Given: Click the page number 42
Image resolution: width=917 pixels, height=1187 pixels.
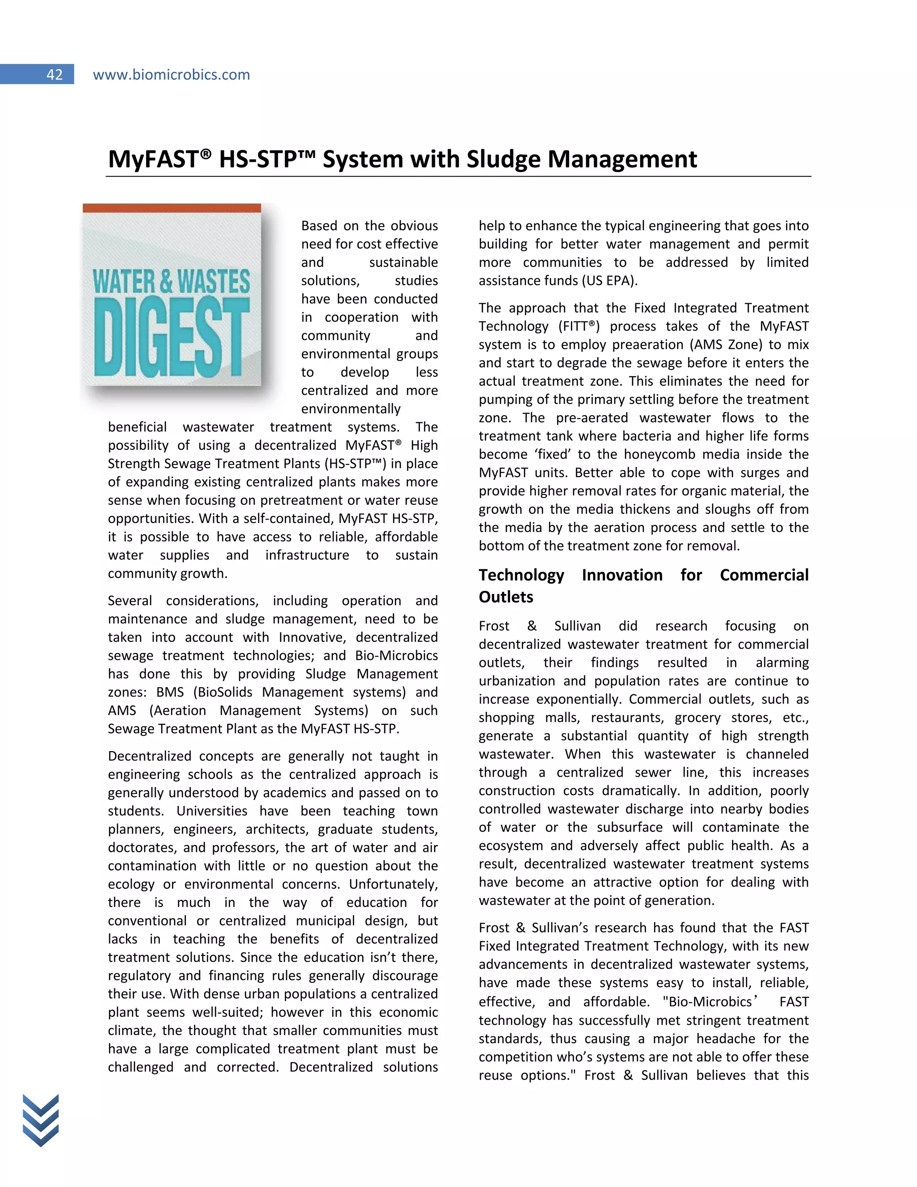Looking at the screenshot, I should click(x=54, y=74).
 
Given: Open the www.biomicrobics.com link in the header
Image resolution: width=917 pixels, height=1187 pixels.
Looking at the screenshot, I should click(x=171, y=74).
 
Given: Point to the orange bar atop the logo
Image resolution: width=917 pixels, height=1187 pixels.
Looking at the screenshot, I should click(x=171, y=208).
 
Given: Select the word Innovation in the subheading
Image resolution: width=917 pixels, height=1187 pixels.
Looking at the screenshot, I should click(x=622, y=575).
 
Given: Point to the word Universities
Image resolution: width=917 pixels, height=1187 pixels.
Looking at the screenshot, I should click(x=212, y=811).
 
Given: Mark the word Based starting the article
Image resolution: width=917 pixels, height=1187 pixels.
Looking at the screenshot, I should click(x=319, y=226).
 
